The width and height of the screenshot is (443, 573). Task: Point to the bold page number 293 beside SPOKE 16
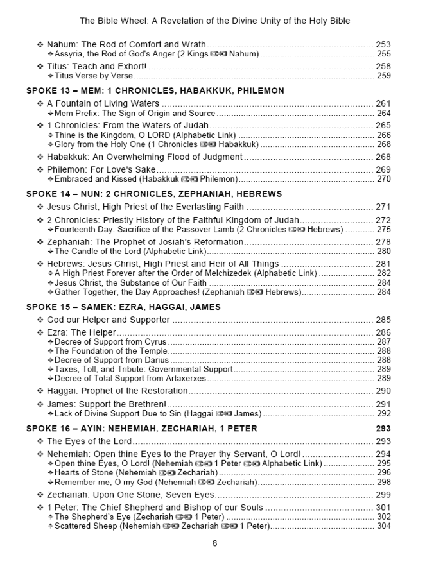click(x=383, y=429)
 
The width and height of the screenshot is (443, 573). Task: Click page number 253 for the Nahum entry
click(x=383, y=45)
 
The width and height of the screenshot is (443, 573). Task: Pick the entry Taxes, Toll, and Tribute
click(x=102, y=370)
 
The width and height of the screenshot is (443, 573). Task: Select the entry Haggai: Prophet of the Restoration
click(x=117, y=391)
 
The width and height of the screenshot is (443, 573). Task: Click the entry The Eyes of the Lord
click(x=89, y=441)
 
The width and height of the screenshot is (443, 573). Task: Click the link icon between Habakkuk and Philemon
click(x=187, y=180)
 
